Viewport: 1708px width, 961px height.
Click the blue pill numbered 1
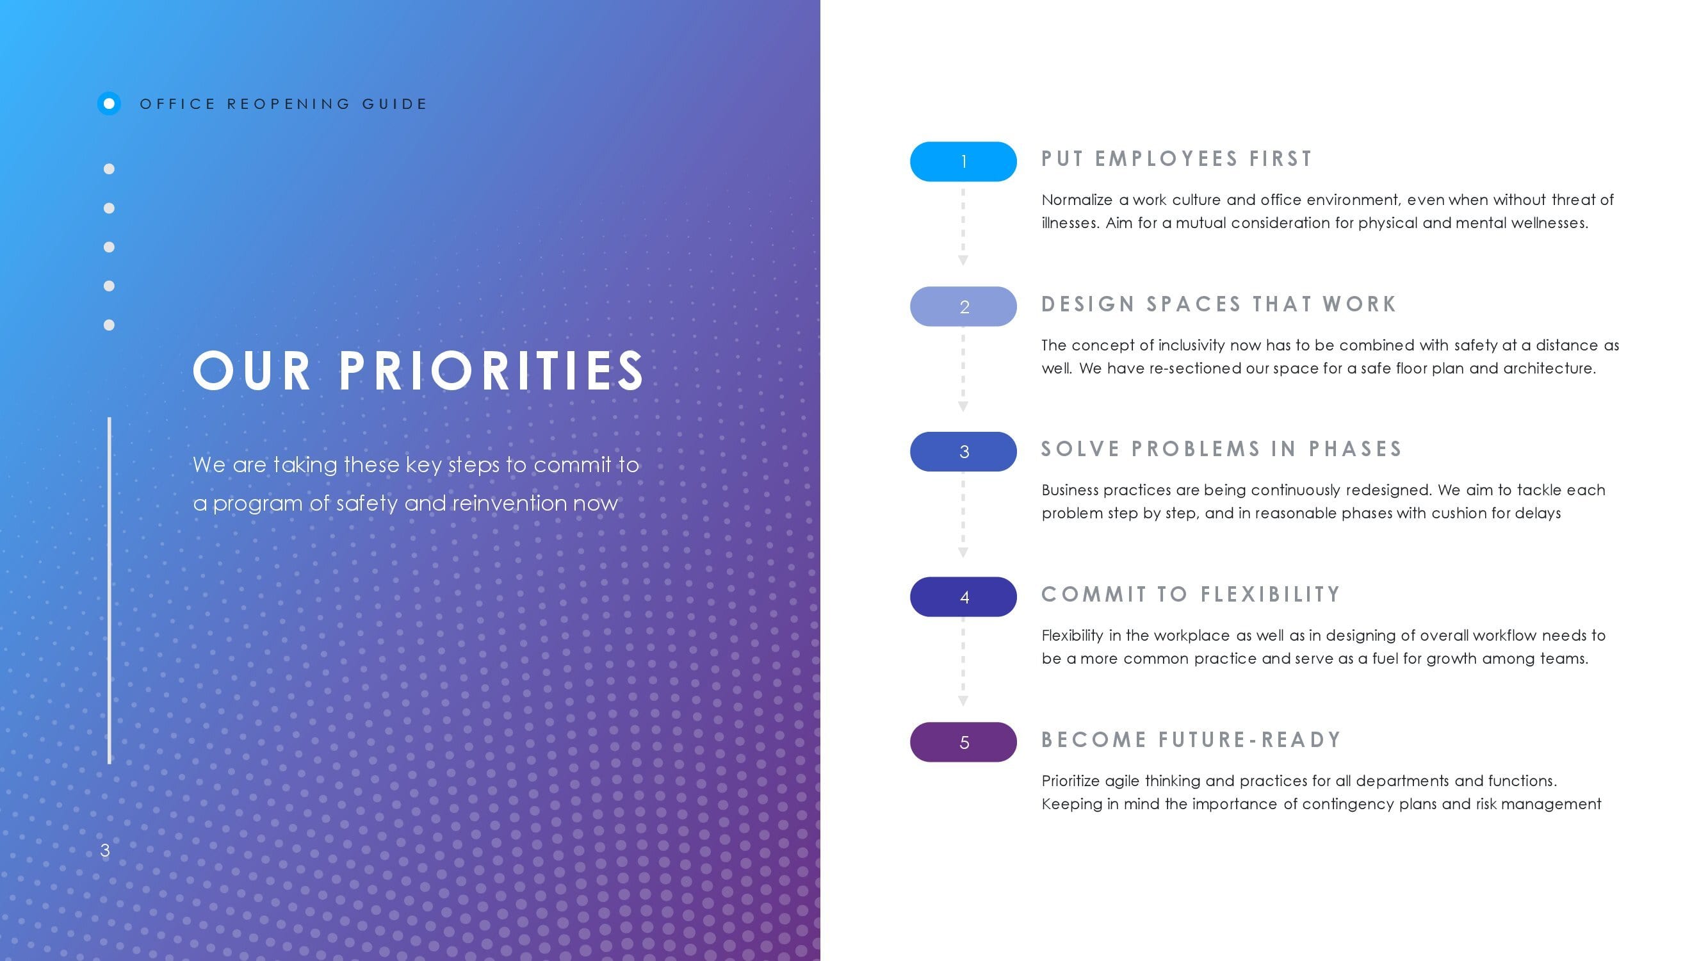click(963, 161)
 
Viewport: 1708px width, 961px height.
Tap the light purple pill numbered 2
click(963, 306)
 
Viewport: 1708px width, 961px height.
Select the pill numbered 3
click(963, 452)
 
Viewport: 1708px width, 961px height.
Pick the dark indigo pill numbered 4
click(963, 597)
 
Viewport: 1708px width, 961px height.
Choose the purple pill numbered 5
click(963, 742)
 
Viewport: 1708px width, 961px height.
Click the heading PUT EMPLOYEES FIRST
click(1177, 159)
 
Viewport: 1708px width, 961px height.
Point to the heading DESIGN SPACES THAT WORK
click(1219, 304)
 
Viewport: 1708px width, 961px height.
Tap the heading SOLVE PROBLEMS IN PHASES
click(1221, 449)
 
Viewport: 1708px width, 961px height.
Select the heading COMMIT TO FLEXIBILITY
click(1191, 595)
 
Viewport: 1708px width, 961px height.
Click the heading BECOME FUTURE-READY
click(1191, 739)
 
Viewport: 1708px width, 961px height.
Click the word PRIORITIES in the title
click(491, 371)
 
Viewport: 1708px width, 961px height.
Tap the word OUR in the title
click(251, 371)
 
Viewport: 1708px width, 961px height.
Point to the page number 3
click(105, 850)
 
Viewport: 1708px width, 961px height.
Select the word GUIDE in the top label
click(394, 104)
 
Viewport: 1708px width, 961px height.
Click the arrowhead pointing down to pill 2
click(963, 261)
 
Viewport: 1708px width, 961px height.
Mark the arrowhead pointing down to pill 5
click(963, 701)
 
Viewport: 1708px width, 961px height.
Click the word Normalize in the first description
click(1077, 201)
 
